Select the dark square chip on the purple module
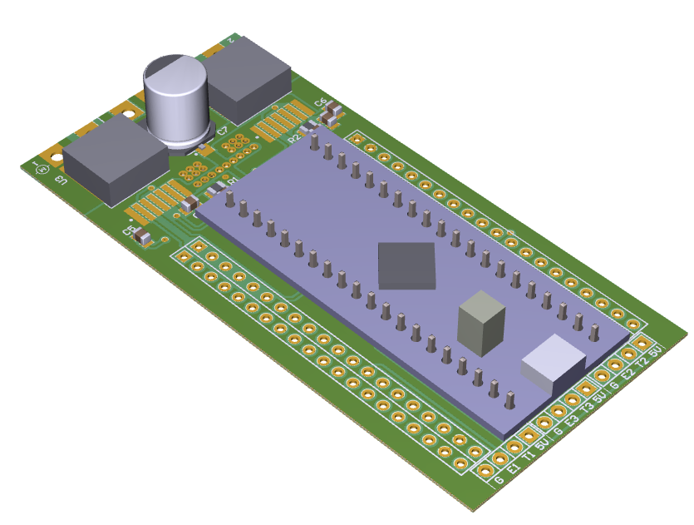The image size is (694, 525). [406, 266]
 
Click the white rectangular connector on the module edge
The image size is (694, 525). [554, 363]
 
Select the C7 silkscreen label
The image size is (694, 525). [222, 131]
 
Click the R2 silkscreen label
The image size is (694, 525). [293, 140]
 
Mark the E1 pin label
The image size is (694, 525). [514, 470]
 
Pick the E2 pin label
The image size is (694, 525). [628, 375]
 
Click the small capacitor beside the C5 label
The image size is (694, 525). [144, 239]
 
